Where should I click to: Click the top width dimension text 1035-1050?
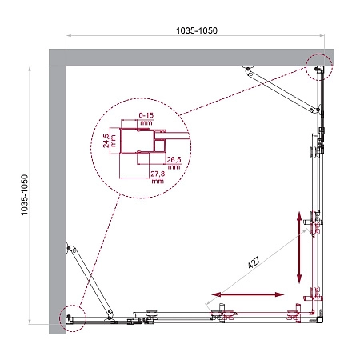[x=195, y=30]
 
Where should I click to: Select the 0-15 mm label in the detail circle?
[x=146, y=120]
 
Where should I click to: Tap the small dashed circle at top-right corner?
[x=318, y=68]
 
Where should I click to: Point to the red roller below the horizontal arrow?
[x=225, y=317]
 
